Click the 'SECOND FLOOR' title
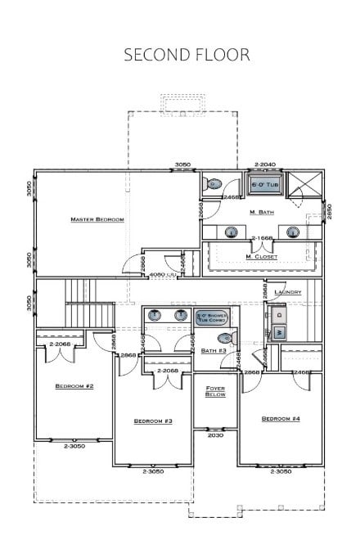[187, 55]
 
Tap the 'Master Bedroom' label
[97, 219]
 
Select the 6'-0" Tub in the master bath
[263, 185]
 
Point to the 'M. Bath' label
[261, 212]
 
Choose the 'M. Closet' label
[261, 257]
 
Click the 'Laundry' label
[289, 292]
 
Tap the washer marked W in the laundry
[278, 332]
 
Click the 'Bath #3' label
[214, 351]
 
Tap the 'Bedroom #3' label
[153, 421]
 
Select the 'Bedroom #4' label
[281, 419]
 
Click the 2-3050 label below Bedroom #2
[74, 446]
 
